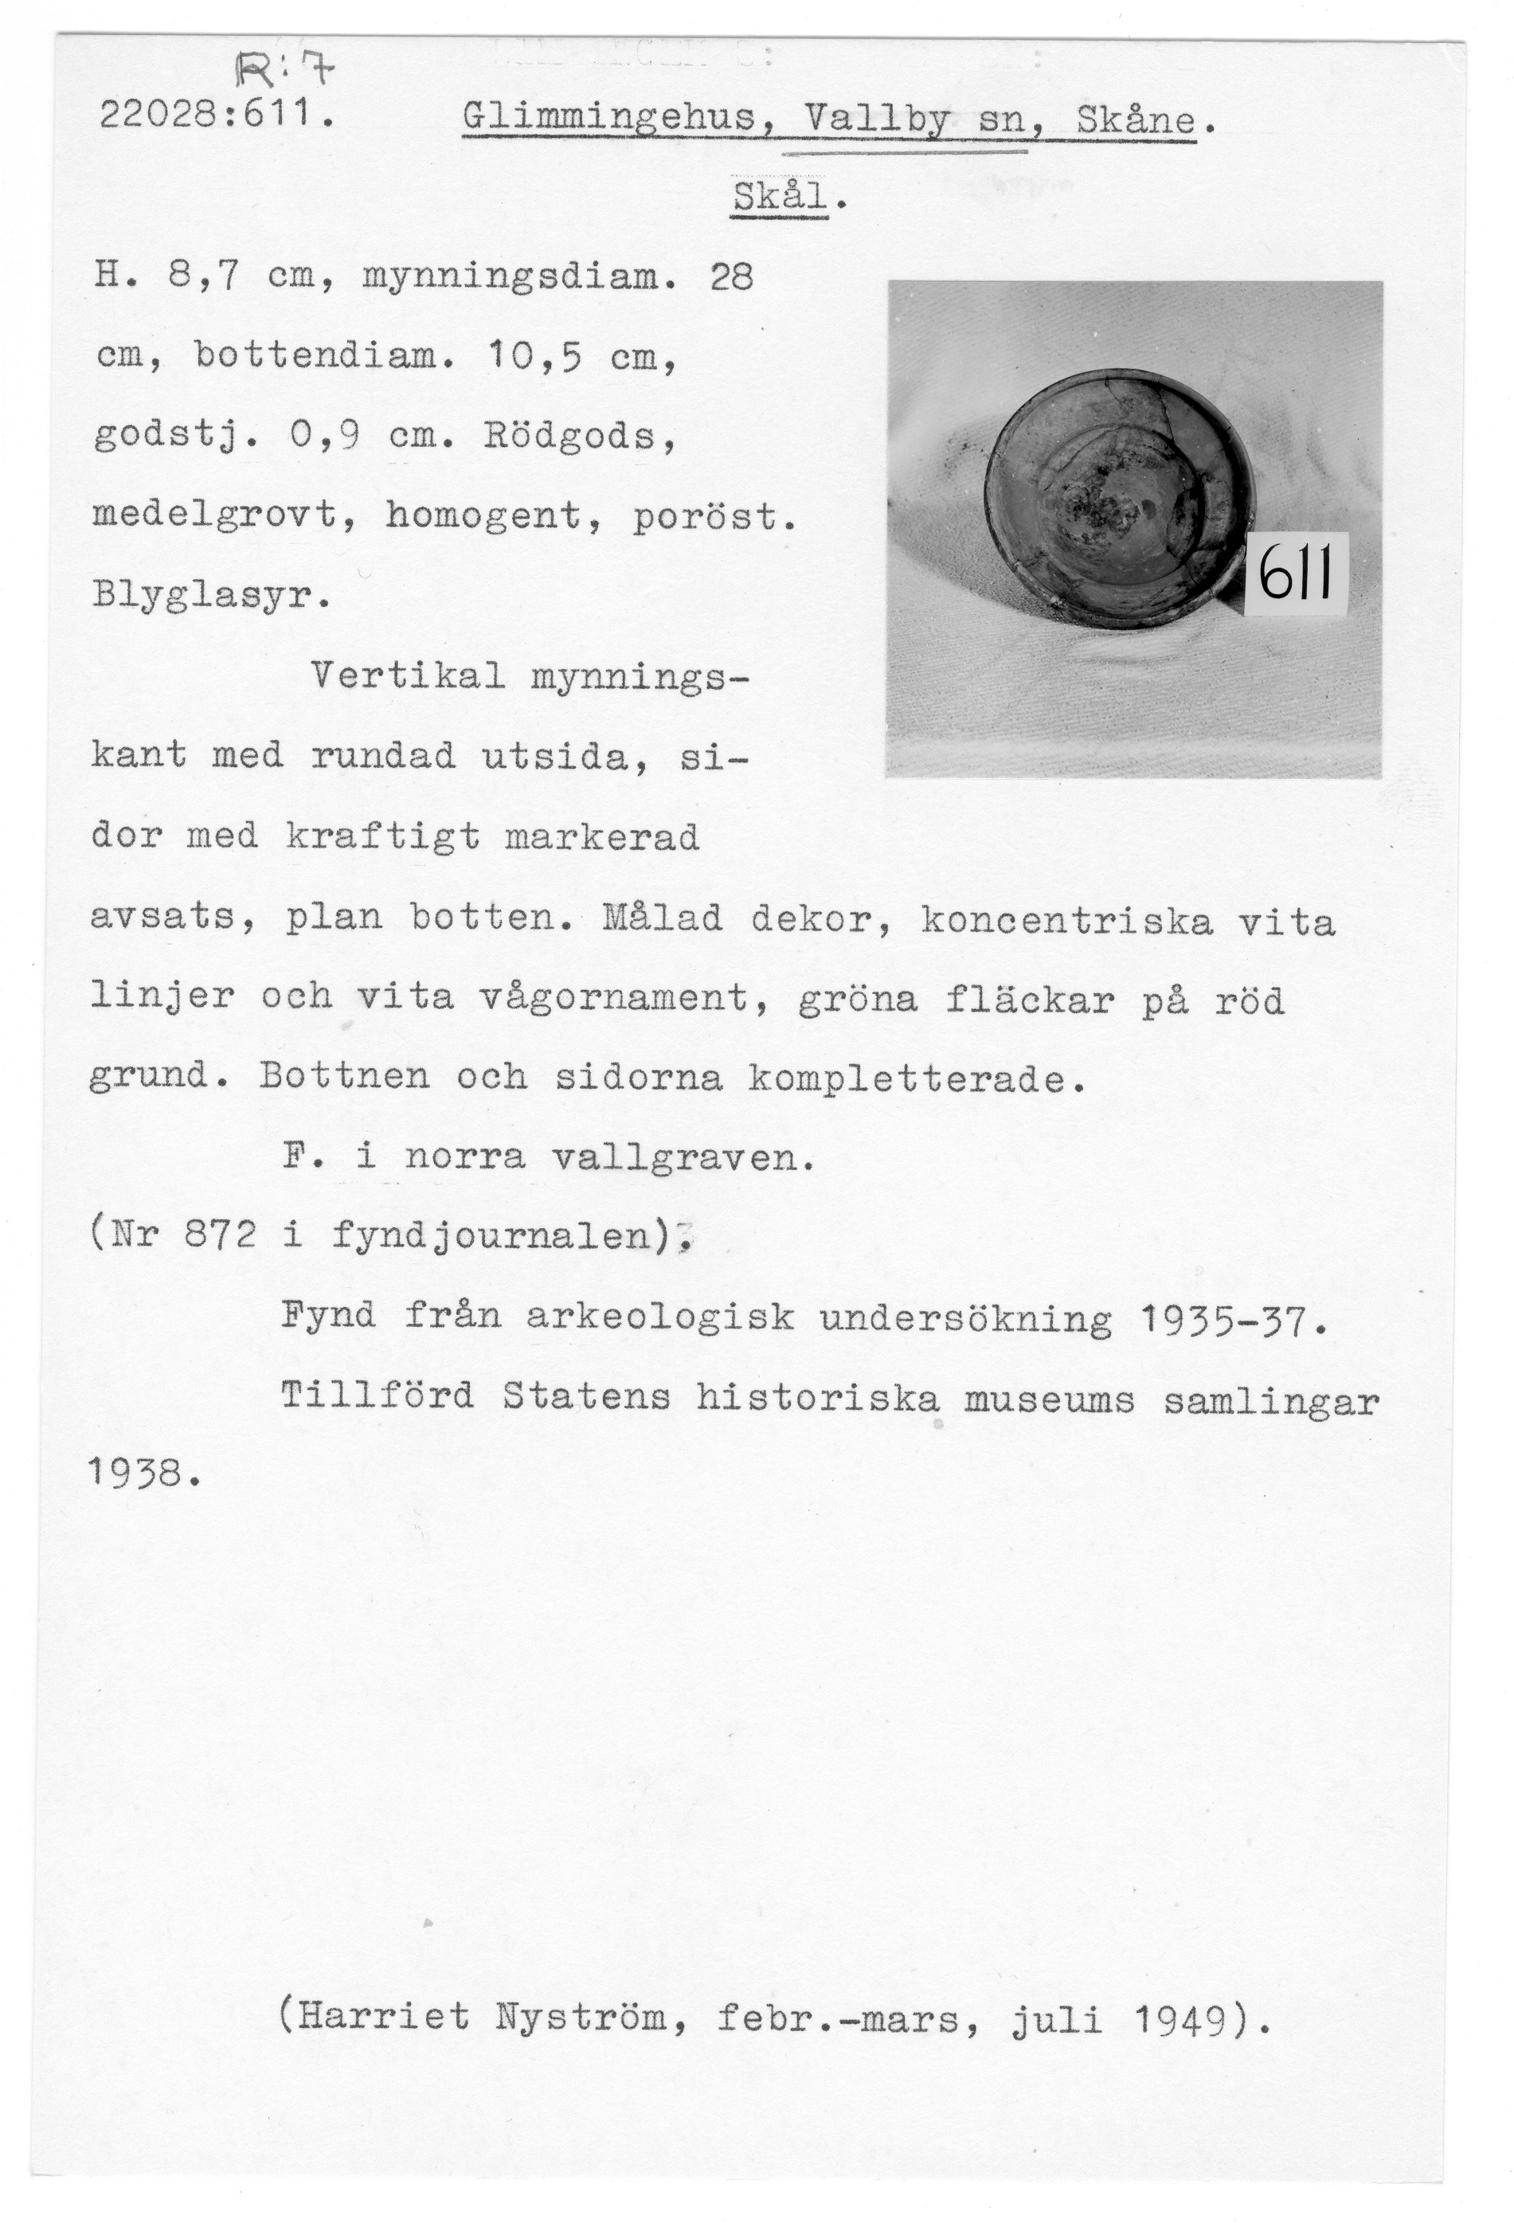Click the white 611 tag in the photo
[x=1296, y=574]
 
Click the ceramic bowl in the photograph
[x=1117, y=497]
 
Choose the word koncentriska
[x=1066, y=920]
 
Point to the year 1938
[x=142, y=1474]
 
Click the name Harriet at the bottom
[x=385, y=2018]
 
